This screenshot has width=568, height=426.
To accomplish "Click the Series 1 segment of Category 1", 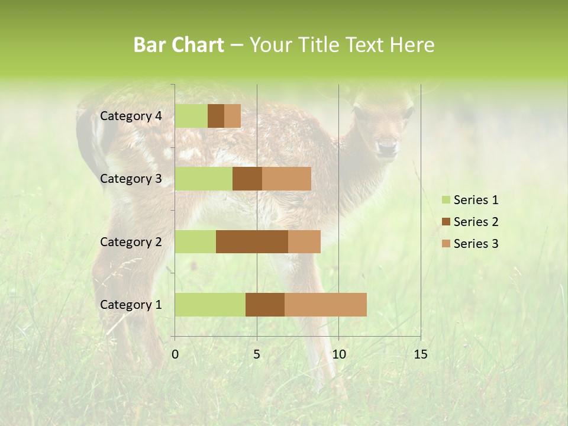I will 210,304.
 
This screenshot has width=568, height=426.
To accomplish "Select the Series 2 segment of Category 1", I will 265,304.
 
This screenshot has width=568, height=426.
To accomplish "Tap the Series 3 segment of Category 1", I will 325,304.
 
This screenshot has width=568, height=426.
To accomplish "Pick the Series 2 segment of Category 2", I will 252,241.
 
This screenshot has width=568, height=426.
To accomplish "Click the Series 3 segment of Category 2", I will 304,241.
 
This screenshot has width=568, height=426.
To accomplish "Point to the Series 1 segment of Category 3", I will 204,179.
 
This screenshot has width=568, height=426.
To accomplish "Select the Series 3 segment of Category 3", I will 286,179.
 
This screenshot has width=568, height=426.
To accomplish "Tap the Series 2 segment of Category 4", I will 216,116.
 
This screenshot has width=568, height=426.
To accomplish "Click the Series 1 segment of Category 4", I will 191,116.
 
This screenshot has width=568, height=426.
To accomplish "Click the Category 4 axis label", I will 131,116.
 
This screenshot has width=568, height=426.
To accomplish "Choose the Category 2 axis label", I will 131,241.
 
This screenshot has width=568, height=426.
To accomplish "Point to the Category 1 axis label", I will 131,305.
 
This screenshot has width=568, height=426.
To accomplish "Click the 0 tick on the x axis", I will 175,354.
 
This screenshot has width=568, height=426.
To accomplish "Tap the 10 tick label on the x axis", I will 338,354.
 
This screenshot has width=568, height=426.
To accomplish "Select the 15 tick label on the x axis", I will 420,354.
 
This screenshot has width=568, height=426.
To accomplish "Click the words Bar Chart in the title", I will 179,45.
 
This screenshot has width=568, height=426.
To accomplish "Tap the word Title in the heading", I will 319,45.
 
